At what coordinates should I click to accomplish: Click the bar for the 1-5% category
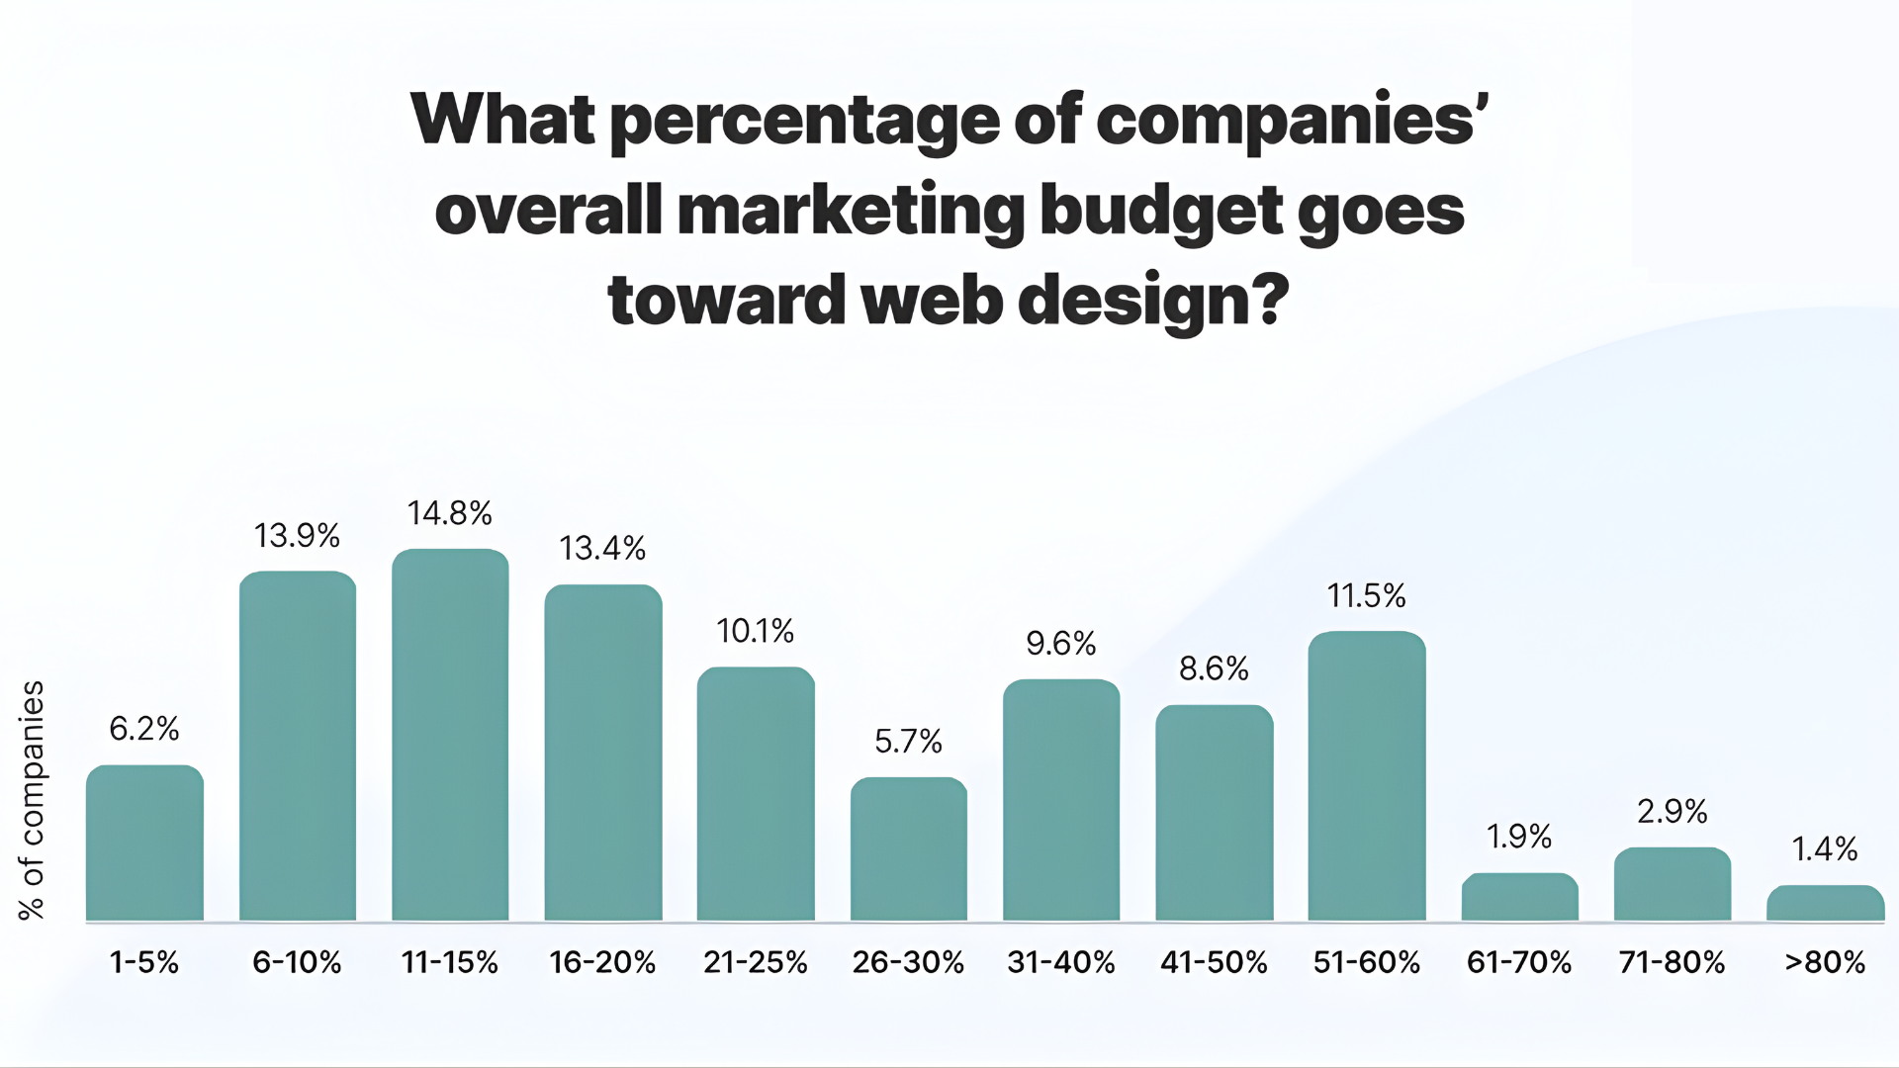144,843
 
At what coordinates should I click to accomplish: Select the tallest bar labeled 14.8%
450,735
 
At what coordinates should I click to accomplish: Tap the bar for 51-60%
1367,776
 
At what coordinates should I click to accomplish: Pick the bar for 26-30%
908,848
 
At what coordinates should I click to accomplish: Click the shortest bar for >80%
1825,903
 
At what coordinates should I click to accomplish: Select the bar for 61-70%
1519,897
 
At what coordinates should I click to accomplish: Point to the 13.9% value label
297,536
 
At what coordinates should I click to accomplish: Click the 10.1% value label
756,631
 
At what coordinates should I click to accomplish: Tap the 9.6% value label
1061,644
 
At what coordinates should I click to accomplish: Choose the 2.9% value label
1672,812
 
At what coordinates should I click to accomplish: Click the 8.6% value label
1214,669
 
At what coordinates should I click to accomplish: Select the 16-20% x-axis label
602,962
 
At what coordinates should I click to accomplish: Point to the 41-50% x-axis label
1214,962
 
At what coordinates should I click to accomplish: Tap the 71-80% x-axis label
1672,962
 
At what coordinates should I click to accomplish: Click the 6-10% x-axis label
297,962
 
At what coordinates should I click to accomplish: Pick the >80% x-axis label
1825,962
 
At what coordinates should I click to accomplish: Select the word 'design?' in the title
1153,301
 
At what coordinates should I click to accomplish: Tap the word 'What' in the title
502,120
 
